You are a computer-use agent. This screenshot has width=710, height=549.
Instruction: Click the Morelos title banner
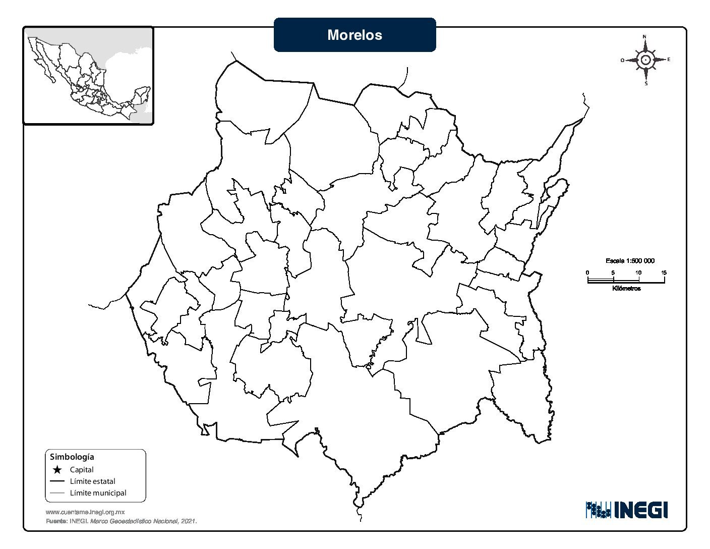[354, 35]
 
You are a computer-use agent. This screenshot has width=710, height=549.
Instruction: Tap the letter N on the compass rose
[645, 37]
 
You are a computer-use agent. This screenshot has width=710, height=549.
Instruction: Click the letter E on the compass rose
[669, 60]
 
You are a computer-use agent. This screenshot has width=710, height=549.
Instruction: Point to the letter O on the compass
[622, 60]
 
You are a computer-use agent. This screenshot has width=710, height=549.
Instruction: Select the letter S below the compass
[646, 84]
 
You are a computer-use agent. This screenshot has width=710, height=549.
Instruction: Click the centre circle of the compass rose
[645, 60]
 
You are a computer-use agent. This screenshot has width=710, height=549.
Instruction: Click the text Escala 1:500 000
[630, 261]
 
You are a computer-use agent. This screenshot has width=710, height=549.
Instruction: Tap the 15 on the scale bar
[664, 272]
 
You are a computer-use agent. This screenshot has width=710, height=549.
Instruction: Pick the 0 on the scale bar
[587, 272]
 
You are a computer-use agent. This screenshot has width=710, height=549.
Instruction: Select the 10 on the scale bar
[638, 272]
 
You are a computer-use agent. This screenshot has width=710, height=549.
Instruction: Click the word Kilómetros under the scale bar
[626, 289]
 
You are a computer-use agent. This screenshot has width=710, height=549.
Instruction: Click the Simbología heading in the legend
[72, 457]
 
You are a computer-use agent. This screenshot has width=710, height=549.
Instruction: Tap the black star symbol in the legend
[57, 470]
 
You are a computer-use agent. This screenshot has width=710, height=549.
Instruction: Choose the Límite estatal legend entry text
[92, 481]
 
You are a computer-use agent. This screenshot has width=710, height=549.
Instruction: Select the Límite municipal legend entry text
[98, 493]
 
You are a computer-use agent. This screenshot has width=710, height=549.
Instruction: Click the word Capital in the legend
[82, 470]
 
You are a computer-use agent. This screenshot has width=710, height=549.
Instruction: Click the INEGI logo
[627, 510]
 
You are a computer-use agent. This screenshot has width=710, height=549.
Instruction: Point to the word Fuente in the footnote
[56, 521]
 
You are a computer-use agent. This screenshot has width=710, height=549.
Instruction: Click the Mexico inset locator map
[88, 76]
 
